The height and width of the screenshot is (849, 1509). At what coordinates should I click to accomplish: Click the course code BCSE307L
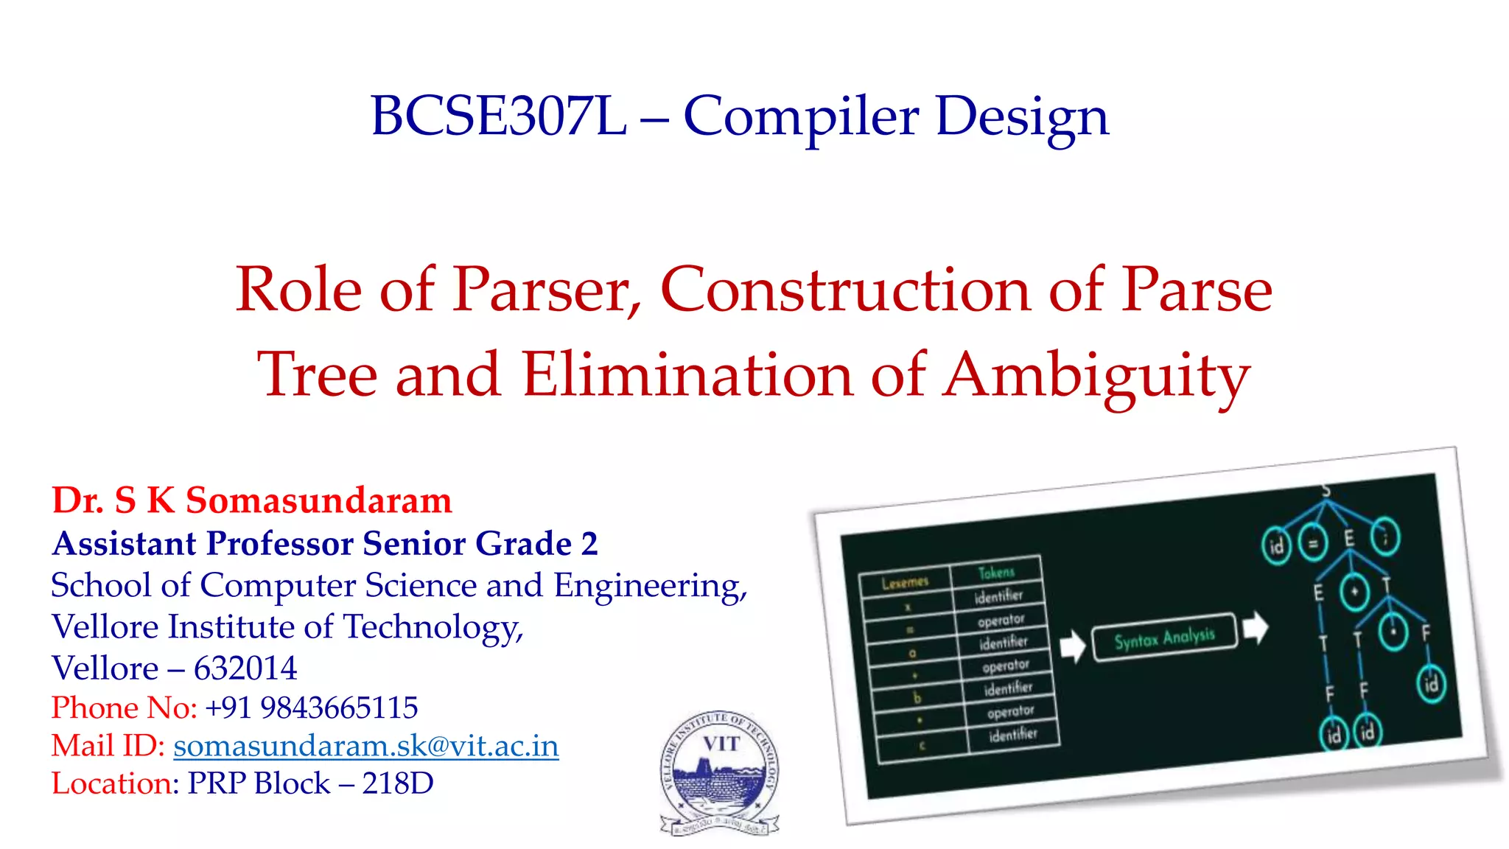click(x=498, y=116)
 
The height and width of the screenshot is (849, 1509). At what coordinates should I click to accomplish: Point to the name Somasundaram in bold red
click(x=318, y=501)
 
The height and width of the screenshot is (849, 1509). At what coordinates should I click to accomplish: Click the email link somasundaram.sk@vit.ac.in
click(x=366, y=746)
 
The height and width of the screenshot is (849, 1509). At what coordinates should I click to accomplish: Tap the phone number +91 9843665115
click(x=311, y=707)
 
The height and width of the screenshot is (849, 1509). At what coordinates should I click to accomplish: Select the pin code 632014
click(x=245, y=668)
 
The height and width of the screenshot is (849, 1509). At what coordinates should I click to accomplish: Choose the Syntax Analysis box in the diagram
click(x=1164, y=637)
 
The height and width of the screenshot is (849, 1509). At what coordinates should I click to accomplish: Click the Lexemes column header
click(x=905, y=582)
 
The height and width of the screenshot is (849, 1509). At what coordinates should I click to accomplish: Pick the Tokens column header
click(x=996, y=572)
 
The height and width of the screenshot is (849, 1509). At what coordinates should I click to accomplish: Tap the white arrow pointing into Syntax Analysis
click(x=1072, y=646)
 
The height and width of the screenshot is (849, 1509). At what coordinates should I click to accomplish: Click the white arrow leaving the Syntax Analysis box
click(x=1255, y=627)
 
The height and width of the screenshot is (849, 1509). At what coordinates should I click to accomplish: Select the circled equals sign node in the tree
click(x=1312, y=544)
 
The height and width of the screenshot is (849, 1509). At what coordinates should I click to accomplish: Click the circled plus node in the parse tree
click(x=1354, y=592)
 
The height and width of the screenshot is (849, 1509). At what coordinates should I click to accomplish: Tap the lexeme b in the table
click(x=917, y=697)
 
